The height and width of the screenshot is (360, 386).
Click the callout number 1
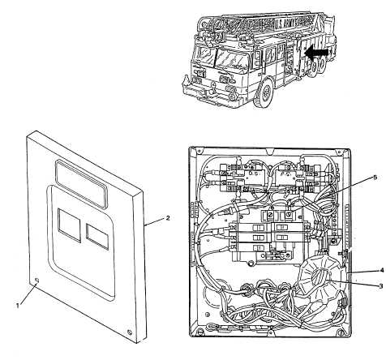pyautogui.click(x=18, y=306)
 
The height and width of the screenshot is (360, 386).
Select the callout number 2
pyautogui.click(x=168, y=218)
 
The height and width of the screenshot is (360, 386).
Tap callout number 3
pyautogui.click(x=381, y=285)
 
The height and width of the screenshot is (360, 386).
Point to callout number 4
pyautogui.click(x=381, y=270)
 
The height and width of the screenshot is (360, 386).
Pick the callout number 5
pyautogui.click(x=375, y=178)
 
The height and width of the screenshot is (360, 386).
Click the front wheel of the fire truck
pyautogui.click(x=264, y=92)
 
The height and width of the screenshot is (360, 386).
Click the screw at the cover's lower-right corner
pyautogui.click(x=130, y=332)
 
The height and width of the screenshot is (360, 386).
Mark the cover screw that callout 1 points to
pyautogui.click(x=37, y=281)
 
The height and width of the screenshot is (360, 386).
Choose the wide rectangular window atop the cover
pyautogui.click(x=81, y=184)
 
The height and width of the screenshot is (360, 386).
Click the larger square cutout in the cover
pyautogui.click(x=70, y=225)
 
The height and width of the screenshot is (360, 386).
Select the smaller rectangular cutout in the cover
pyautogui.click(x=97, y=237)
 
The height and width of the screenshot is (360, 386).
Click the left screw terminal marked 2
pyautogui.click(x=270, y=216)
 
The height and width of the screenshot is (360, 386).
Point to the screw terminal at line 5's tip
pyautogui.click(x=289, y=216)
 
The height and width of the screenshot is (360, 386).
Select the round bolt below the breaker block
pyautogui.click(x=251, y=263)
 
